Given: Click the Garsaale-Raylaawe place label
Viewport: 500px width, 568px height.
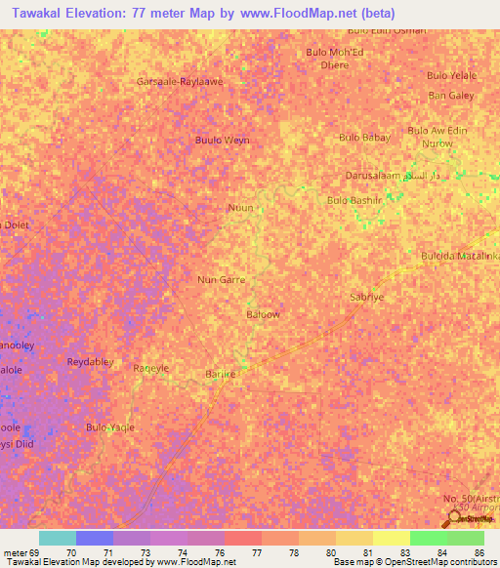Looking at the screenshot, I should (181, 81).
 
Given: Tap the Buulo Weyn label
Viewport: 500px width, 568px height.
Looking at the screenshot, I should (222, 141).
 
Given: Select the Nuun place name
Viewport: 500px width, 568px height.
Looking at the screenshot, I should (240, 208).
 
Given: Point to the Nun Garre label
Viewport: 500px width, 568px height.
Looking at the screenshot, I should (221, 279).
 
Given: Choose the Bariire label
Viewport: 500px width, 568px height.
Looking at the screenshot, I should (221, 373).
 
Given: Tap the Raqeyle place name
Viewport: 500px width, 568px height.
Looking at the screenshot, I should (151, 368).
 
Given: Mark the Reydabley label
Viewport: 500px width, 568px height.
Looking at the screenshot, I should (91, 362).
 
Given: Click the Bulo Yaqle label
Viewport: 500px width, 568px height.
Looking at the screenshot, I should (110, 427).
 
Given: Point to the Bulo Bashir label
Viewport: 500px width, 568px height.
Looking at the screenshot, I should (354, 200).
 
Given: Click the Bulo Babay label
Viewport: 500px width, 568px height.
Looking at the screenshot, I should (364, 138).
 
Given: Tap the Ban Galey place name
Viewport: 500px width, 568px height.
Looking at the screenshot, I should (451, 95).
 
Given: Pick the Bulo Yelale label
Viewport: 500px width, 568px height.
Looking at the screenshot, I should (451, 75).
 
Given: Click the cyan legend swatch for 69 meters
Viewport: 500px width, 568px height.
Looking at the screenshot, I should (57, 538).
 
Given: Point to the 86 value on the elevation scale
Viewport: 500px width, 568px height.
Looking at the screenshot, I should (479, 552).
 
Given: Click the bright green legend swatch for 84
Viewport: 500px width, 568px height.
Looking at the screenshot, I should (428, 538).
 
